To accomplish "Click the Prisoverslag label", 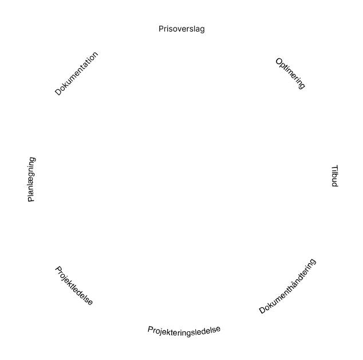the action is coord(181,29).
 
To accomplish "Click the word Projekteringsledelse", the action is coord(184,330).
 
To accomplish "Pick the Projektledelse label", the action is coord(74,285).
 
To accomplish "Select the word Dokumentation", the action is coord(77,73).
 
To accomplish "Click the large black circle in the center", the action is coord(182,180).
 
